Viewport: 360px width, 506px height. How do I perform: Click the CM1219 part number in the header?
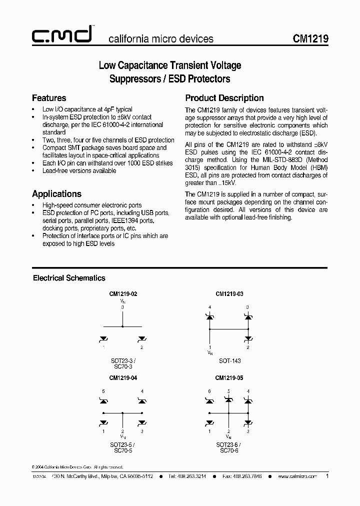click(310, 39)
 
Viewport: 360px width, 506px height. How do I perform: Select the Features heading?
click(49, 98)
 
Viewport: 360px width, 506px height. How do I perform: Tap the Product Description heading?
click(224, 98)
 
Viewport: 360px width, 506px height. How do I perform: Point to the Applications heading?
click(56, 194)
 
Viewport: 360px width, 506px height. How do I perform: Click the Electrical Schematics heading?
click(69, 278)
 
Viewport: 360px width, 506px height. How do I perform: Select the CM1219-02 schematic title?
click(122, 294)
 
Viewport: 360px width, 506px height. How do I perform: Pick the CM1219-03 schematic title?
click(229, 294)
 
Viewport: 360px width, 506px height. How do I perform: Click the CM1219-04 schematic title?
click(122, 379)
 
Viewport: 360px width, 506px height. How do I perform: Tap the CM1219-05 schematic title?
click(229, 379)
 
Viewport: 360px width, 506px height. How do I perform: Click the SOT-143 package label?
click(228, 359)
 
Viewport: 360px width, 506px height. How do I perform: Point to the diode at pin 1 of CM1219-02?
click(104, 339)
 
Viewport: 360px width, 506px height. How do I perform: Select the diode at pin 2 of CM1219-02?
click(141, 339)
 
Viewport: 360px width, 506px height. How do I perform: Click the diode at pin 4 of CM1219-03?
click(210, 316)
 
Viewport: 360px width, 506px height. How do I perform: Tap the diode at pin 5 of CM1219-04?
click(104, 401)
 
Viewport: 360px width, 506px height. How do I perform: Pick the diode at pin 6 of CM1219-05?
click(210, 400)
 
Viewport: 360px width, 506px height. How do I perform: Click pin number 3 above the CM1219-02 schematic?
click(122, 307)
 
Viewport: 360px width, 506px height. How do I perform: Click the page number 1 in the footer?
click(327, 476)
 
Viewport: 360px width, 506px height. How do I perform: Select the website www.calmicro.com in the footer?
click(297, 477)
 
